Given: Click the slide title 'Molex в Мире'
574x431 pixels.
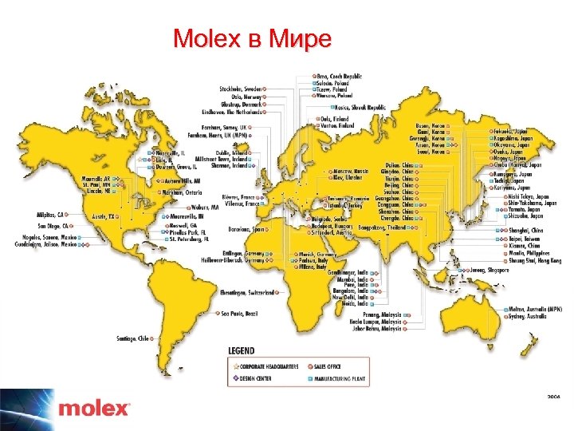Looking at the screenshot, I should tap(251, 39).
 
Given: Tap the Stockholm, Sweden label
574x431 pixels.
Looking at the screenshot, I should tap(240, 88).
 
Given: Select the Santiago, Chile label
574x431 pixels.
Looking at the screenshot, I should tap(133, 338).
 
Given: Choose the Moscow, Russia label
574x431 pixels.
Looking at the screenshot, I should tap(352, 172).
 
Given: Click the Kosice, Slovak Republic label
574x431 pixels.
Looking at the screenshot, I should tap(361, 106).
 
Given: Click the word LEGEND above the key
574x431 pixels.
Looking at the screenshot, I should tap(242, 350).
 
